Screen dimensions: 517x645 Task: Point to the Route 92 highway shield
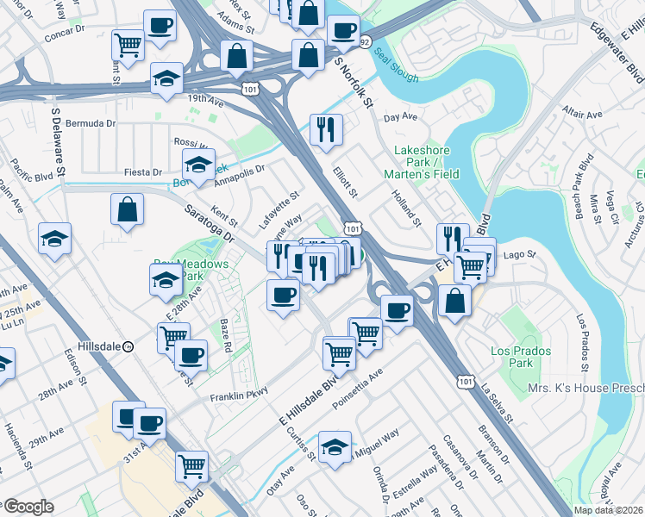click(x=365, y=40)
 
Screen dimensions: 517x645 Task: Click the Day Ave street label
click(x=400, y=116)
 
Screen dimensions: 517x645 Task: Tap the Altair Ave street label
click(x=582, y=113)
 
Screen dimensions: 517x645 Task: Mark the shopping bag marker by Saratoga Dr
click(x=127, y=209)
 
